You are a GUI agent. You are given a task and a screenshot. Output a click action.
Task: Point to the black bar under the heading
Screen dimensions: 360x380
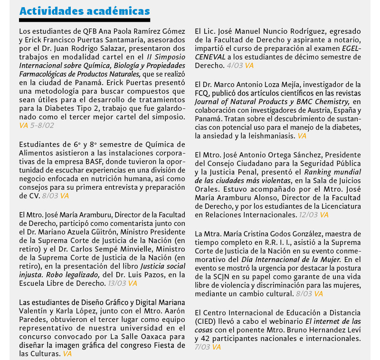85,20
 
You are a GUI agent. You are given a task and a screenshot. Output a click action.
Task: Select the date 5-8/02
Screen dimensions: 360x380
42,126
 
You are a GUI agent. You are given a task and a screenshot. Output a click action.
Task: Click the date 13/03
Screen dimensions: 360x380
116,283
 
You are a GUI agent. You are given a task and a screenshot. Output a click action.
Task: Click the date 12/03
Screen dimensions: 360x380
307,214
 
